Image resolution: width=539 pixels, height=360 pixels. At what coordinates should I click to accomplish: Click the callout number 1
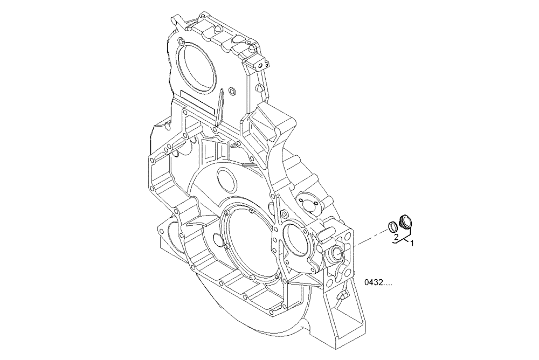412,244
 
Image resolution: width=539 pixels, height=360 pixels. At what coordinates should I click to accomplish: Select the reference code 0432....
378,282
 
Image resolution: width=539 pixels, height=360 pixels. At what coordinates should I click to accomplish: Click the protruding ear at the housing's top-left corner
176,22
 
